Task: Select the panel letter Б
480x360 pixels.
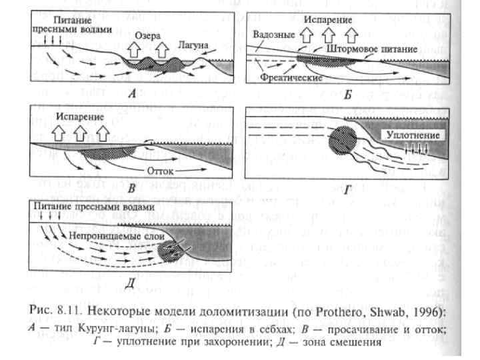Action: coord(347,95)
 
